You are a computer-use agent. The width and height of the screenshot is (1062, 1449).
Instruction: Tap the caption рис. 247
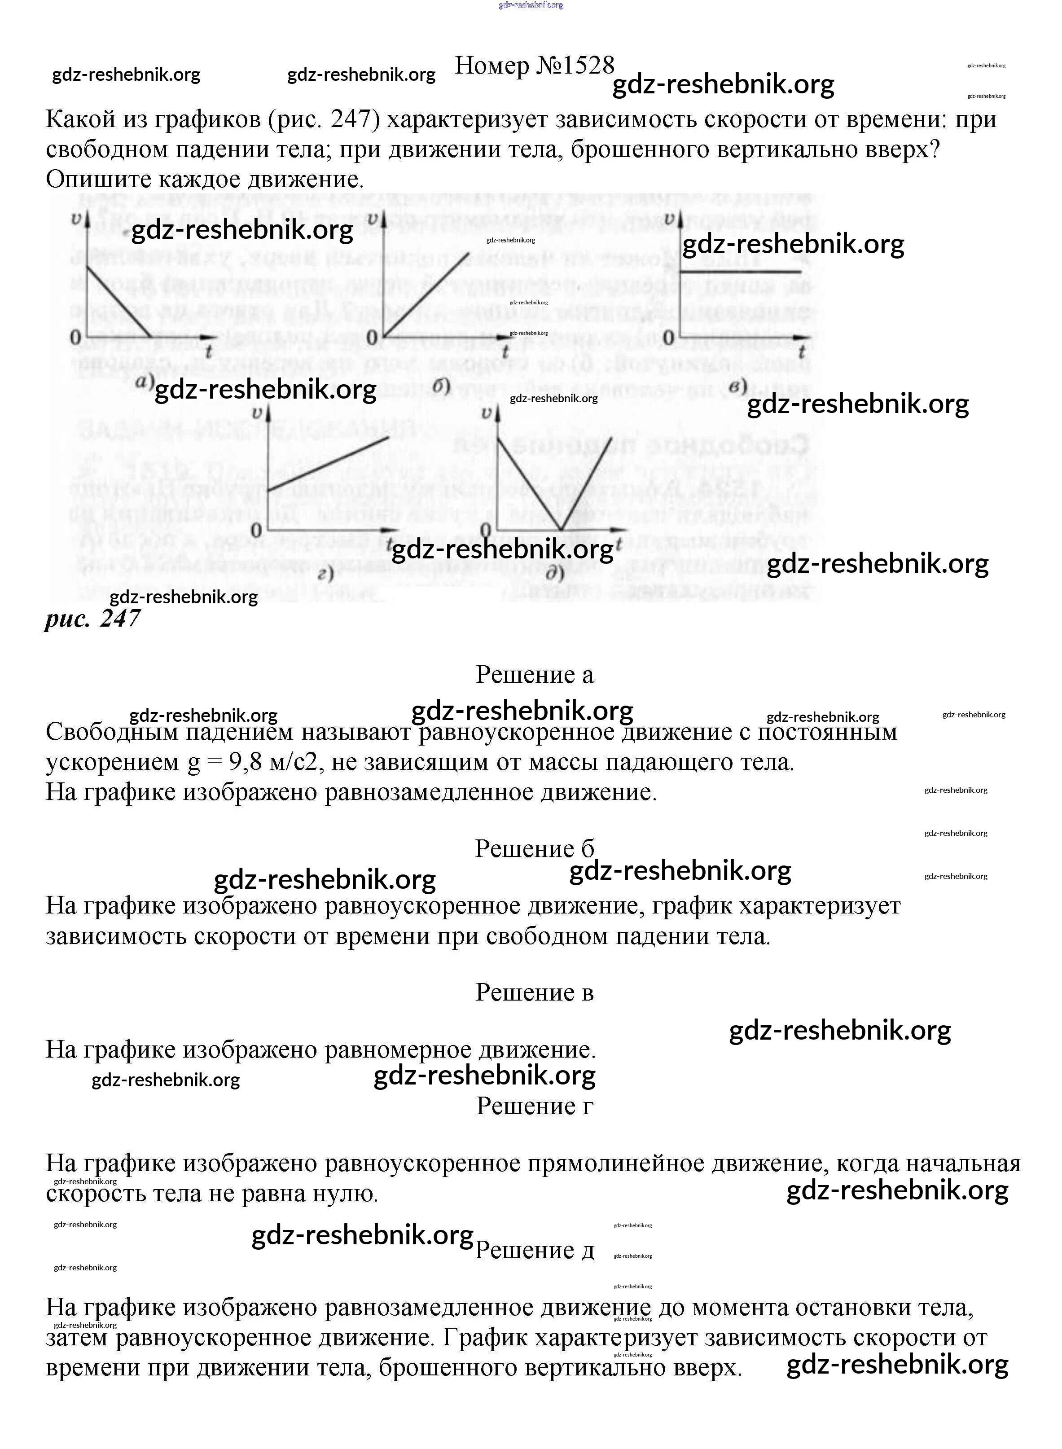point(92,619)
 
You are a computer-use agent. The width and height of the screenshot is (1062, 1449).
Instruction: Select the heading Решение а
point(534,675)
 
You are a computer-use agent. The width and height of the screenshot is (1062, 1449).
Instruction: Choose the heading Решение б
point(534,849)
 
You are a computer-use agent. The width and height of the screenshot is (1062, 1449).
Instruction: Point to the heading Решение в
point(534,992)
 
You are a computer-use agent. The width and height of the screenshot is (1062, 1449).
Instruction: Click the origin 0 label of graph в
point(668,337)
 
